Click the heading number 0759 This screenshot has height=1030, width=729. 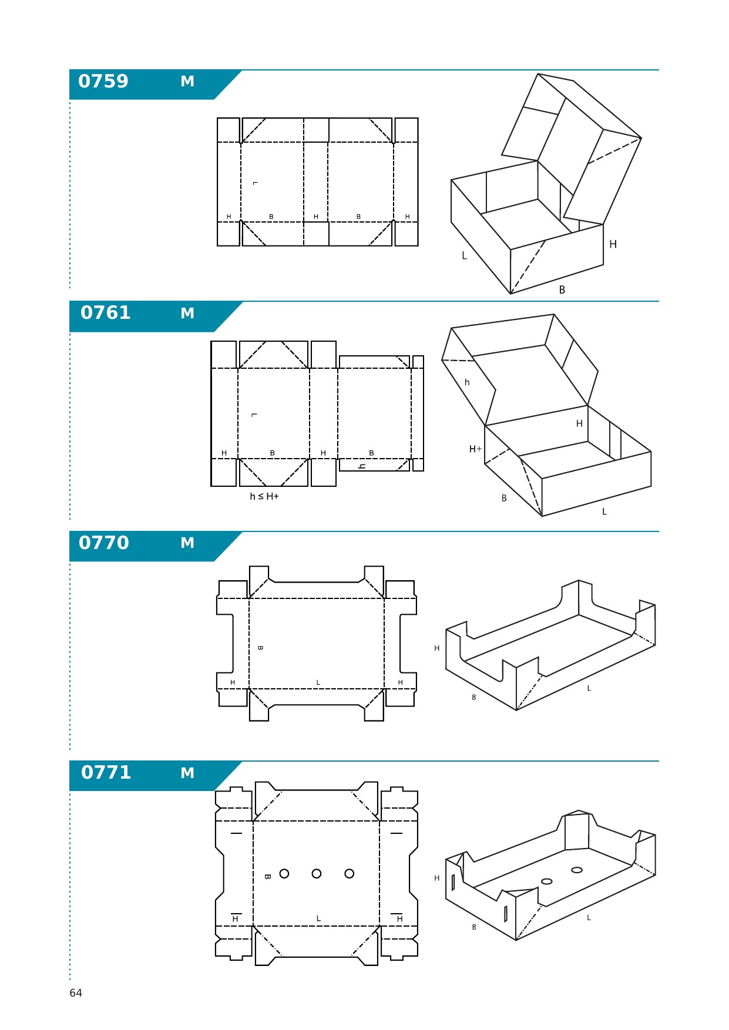click(x=103, y=81)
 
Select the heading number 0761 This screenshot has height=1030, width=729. click(x=106, y=312)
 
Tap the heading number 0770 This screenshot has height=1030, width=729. click(x=104, y=543)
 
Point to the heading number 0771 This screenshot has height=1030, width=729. click(x=106, y=772)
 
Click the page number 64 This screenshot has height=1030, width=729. click(x=76, y=993)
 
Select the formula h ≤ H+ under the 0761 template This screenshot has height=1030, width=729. click(x=264, y=497)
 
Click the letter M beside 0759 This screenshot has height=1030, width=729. click(x=187, y=82)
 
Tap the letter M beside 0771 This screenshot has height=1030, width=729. click(x=187, y=773)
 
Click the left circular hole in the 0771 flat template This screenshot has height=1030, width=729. click(x=284, y=874)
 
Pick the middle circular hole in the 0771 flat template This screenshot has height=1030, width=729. click(x=317, y=874)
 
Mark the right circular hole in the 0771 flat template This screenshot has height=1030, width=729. click(x=350, y=874)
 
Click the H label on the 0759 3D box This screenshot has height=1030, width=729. click(x=613, y=244)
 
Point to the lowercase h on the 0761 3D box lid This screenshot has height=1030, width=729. click(x=467, y=382)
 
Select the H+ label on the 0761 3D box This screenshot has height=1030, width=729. click(x=475, y=449)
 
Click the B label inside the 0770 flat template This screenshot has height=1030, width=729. click(x=260, y=648)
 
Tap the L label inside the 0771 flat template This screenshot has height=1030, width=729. click(x=318, y=918)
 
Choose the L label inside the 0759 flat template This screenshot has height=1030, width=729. click(x=255, y=183)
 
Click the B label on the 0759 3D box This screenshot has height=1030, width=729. click(x=562, y=290)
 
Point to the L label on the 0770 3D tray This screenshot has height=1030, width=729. click(x=589, y=688)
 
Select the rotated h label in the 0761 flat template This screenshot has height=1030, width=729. click(x=362, y=466)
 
